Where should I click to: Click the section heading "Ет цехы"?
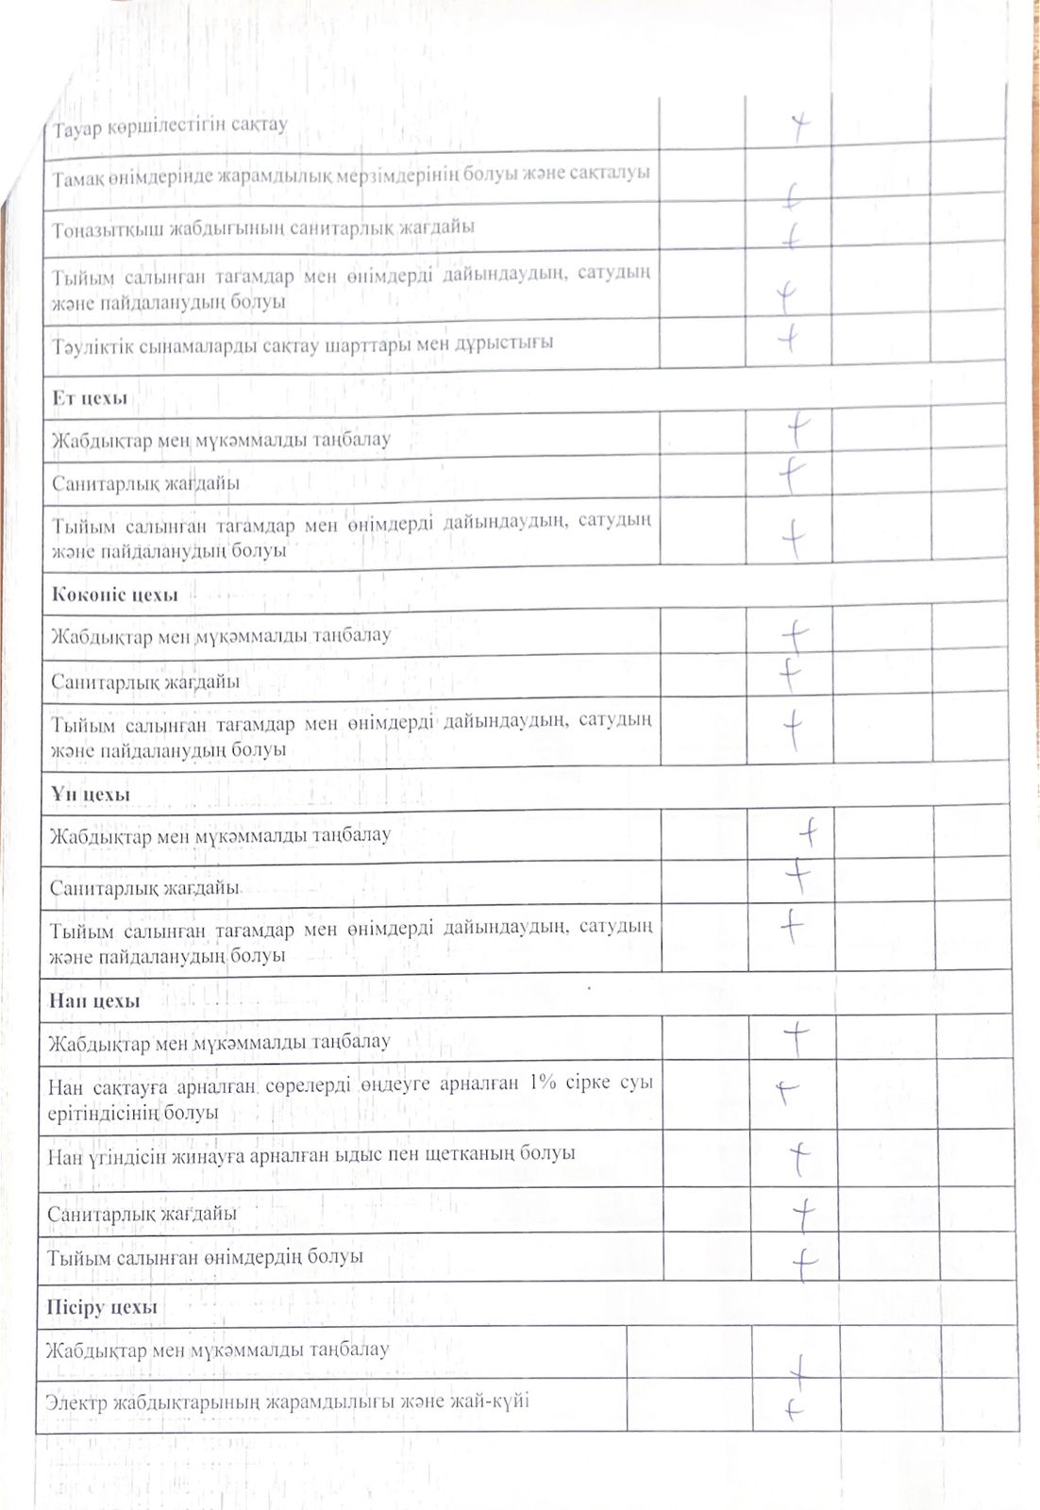[x=90, y=398]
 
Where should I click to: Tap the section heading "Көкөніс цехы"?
[x=115, y=595]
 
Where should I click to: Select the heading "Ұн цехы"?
[x=90, y=795]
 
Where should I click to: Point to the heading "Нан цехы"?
[x=94, y=1000]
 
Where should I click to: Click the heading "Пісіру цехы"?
[x=102, y=1307]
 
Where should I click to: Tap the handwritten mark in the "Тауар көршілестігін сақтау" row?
[x=800, y=126]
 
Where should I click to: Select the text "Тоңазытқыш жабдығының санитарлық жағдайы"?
[x=263, y=228]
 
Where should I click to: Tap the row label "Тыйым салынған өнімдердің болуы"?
[x=206, y=1257]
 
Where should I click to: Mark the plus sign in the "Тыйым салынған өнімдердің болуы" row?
[x=803, y=1262]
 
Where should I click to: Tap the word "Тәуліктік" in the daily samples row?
[x=92, y=345]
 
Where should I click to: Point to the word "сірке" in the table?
[x=590, y=1082]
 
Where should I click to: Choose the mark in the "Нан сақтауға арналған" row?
[x=786, y=1091]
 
